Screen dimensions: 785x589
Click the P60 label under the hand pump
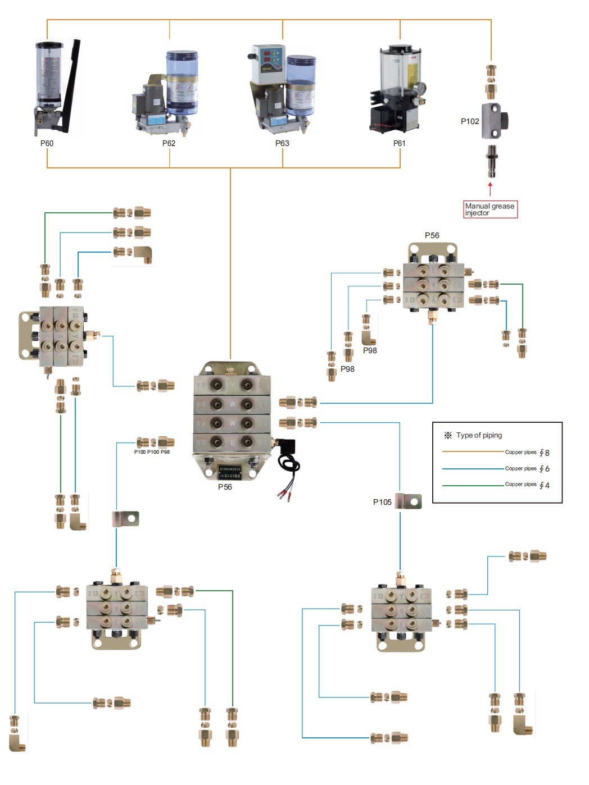point(47,143)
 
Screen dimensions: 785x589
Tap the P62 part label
point(169,143)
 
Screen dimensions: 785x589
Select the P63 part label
point(282,143)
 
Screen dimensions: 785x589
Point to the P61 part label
point(399,143)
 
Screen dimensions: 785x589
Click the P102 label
point(470,121)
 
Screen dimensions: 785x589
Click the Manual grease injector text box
point(490,209)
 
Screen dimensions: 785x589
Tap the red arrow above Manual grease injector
point(490,188)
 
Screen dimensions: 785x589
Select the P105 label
point(382,502)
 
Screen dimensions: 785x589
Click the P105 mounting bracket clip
point(409,501)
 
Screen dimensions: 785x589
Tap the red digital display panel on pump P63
point(268,57)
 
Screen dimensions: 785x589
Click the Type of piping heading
point(479,435)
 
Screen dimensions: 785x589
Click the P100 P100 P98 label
point(152,452)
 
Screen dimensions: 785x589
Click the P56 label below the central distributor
point(225,487)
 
